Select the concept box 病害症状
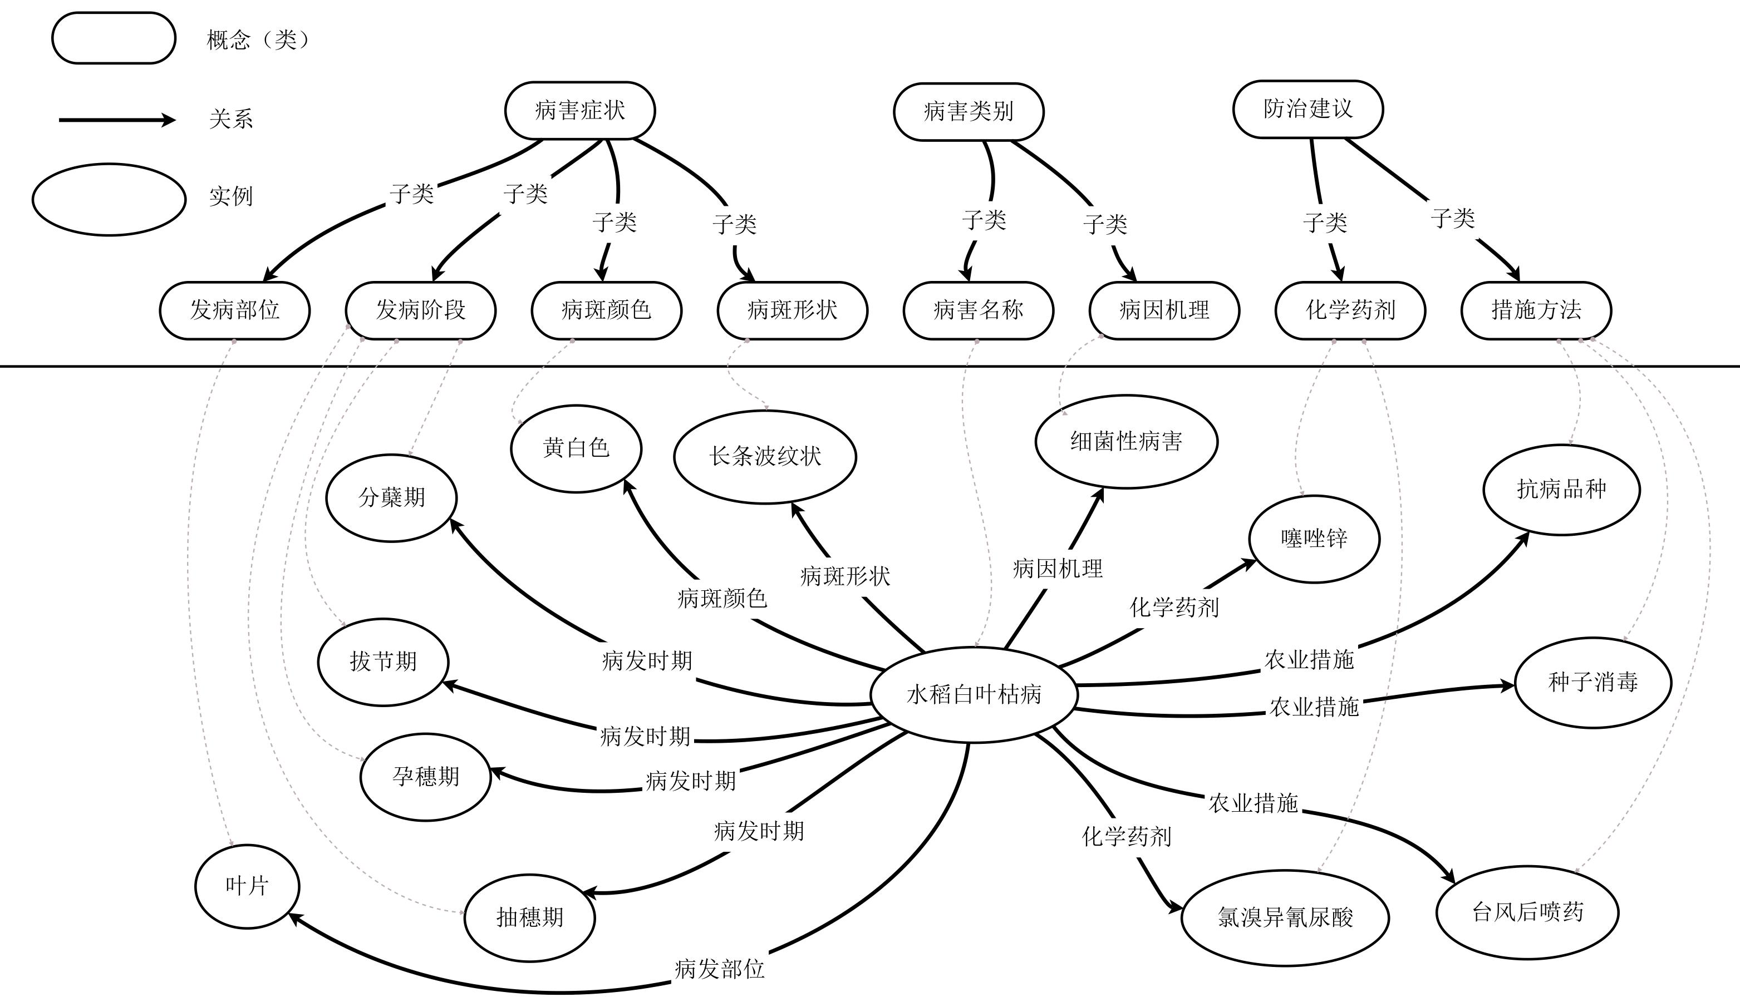coord(579,110)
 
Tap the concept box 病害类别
coord(969,111)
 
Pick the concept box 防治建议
coord(1308,108)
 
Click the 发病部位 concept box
coord(235,310)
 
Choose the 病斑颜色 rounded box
coord(606,310)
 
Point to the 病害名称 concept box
coord(978,310)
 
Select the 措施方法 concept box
coord(1536,310)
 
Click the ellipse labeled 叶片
coord(247,886)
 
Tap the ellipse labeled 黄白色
coord(576,448)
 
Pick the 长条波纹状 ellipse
coord(765,456)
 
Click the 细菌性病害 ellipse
coord(1126,441)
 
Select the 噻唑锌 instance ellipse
coord(1314,539)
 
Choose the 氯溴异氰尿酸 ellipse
coord(1285,917)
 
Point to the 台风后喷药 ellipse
coord(1527,912)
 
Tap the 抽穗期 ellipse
coord(529,917)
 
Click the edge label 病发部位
coord(719,969)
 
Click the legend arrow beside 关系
coord(117,120)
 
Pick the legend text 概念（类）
coord(259,40)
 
